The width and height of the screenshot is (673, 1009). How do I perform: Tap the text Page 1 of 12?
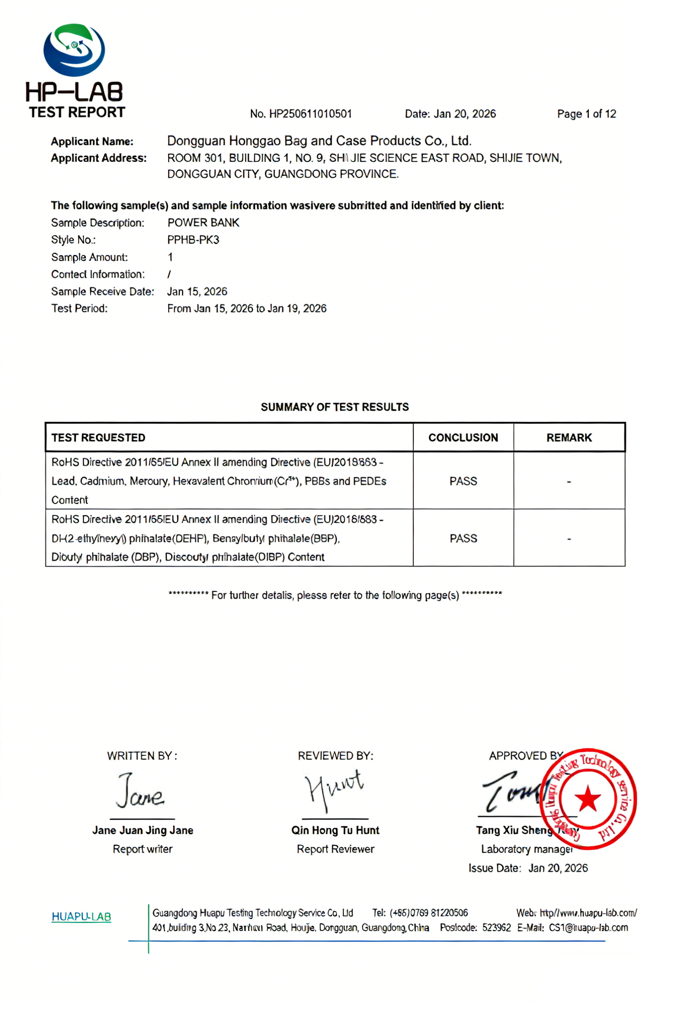(586, 114)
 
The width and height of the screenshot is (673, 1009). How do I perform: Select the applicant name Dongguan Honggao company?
(319, 141)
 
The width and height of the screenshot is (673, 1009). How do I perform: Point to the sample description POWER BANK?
(203, 222)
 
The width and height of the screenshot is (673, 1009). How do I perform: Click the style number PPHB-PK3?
(193, 240)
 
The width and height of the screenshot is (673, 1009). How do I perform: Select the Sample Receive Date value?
(197, 292)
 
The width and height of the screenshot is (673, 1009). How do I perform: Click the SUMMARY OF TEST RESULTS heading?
(335, 407)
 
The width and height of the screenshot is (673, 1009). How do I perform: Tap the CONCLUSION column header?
(463, 438)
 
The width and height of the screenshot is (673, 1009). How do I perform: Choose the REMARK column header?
(569, 438)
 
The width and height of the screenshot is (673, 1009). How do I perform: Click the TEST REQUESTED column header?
(98, 438)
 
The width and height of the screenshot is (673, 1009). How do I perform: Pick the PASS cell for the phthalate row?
(463, 538)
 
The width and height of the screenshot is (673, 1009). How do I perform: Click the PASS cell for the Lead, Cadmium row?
(463, 481)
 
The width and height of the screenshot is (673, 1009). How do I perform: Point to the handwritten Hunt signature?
(334, 789)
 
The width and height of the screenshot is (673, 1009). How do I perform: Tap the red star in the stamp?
(588, 799)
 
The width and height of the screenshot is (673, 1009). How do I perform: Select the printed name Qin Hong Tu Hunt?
(335, 830)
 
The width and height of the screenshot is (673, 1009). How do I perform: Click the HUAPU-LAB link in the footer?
(81, 917)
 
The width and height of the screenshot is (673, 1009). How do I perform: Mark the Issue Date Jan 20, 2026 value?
(558, 868)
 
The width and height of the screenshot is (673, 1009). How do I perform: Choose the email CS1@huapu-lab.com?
(588, 927)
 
